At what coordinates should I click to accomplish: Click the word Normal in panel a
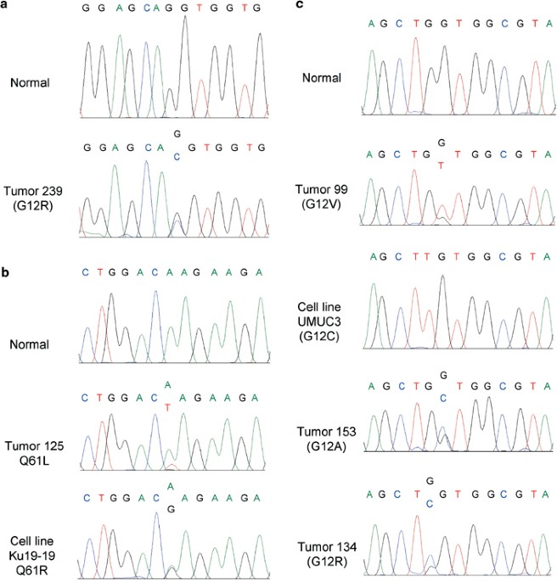[29, 83]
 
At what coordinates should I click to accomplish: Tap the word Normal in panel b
[29, 344]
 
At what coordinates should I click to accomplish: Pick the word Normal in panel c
[322, 77]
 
